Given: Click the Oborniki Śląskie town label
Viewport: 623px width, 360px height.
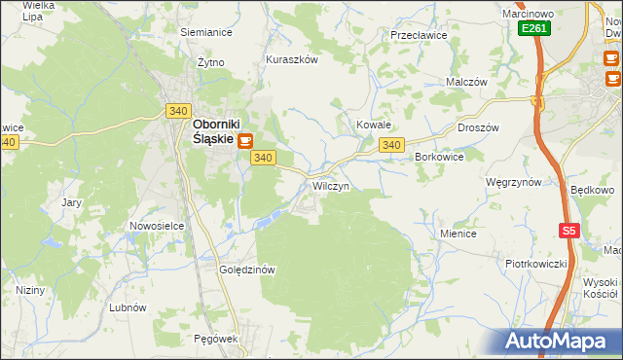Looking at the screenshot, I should tap(211, 131).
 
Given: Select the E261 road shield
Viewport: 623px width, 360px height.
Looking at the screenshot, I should tap(533, 28).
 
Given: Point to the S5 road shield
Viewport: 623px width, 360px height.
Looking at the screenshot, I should tap(569, 231).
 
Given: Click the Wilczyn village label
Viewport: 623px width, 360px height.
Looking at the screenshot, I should tap(331, 185).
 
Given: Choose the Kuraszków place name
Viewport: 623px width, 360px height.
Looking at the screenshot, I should tap(292, 59).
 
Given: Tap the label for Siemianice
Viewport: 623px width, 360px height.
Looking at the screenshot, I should tap(205, 32).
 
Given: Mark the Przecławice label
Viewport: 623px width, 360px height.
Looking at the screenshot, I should tap(418, 34).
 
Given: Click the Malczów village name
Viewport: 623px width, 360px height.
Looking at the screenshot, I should tap(466, 83).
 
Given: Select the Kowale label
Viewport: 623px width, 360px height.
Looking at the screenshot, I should tap(373, 126).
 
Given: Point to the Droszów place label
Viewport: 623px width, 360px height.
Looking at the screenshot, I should tap(478, 127).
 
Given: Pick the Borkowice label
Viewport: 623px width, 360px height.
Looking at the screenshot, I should tap(439, 156).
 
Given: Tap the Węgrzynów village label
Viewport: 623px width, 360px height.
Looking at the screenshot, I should tap(513, 182).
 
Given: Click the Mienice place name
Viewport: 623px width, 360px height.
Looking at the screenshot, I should tap(458, 234).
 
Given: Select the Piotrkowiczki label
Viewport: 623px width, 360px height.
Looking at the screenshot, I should tap(535, 264).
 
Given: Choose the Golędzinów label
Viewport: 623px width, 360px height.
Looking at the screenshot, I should tap(249, 270).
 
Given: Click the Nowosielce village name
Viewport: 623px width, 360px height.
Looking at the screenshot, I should tap(157, 226).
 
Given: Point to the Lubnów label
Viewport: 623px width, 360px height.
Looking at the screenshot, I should tap(128, 306).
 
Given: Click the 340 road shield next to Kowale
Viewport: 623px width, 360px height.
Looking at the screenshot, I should tap(391, 145).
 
